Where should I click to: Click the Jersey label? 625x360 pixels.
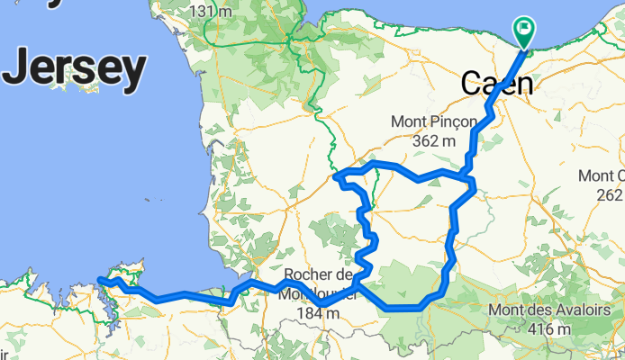click(76, 67)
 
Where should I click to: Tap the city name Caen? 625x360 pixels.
click(496, 84)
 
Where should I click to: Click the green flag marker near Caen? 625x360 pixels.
click(524, 31)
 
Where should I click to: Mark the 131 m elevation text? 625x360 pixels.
click(214, 11)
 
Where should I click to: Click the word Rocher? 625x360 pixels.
click(310, 275)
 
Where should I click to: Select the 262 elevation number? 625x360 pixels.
click(611, 193)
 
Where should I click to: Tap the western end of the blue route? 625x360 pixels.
click(99, 281)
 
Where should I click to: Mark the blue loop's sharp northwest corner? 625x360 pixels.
click(335, 175)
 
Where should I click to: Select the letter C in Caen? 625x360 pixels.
click(472, 84)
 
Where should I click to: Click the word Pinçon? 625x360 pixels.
click(452, 121)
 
